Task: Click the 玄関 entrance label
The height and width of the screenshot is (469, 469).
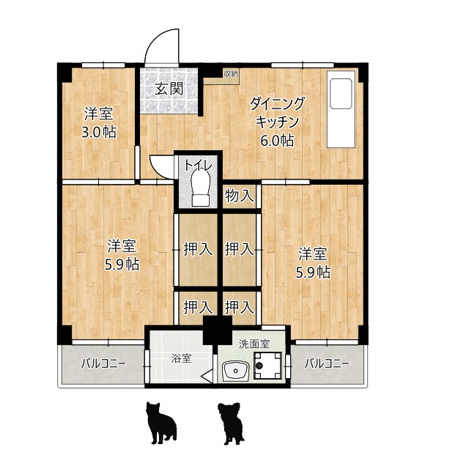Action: [169, 89]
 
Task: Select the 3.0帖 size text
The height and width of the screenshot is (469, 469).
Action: [99, 133]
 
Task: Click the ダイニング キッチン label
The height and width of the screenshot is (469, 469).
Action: [276, 112]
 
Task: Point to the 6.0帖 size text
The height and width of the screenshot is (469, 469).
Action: [278, 141]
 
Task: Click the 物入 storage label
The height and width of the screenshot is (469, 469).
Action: [240, 196]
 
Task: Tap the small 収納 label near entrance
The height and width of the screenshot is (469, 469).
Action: [230, 74]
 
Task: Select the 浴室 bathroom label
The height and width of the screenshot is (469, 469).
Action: [181, 358]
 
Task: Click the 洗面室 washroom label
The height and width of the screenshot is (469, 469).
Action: [254, 342]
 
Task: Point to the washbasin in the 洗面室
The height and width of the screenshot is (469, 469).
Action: [234, 372]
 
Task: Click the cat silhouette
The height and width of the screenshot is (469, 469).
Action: [161, 424]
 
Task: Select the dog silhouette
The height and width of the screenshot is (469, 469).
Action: [232, 424]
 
